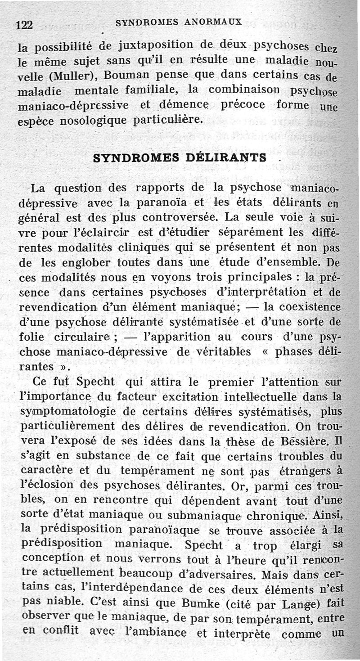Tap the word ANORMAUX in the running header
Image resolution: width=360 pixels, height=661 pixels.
click(216, 21)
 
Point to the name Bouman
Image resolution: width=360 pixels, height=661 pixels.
click(113, 75)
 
